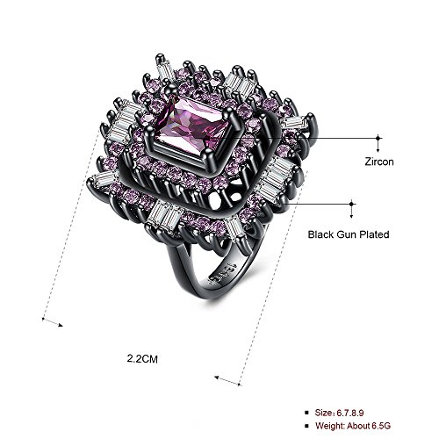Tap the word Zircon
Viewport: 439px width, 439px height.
coord(379,162)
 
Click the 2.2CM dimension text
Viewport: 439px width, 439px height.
coord(142,358)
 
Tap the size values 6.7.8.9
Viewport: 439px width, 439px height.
coord(350,413)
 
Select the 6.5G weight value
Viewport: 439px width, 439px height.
coord(381,425)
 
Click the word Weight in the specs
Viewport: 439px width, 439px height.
coord(329,425)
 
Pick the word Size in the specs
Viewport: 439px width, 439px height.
coord(324,413)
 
